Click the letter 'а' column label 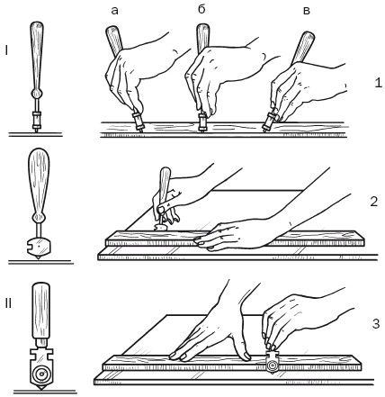coord(114,11)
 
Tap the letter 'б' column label coord(201,9)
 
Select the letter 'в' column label coord(306,11)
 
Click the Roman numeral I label coord(6,51)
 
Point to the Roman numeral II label coord(8,303)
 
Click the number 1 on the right coord(379,82)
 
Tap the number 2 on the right coord(373,202)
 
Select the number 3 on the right coord(376,324)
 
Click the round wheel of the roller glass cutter coord(41,374)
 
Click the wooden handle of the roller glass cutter coord(40,310)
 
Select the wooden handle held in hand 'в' coord(304,48)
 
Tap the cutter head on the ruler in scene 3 coord(273,363)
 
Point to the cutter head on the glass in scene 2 coord(160,227)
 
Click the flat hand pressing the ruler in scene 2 coord(237,235)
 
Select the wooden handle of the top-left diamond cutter coord(37,55)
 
